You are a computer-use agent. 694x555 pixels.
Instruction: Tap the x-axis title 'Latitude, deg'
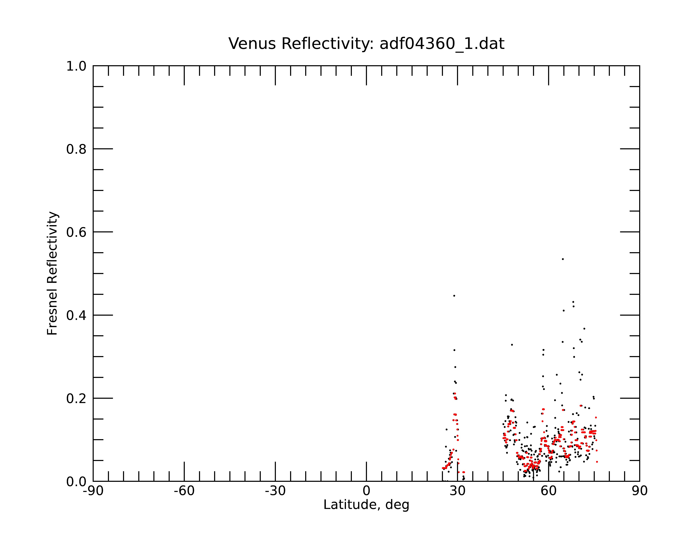click(366, 505)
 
